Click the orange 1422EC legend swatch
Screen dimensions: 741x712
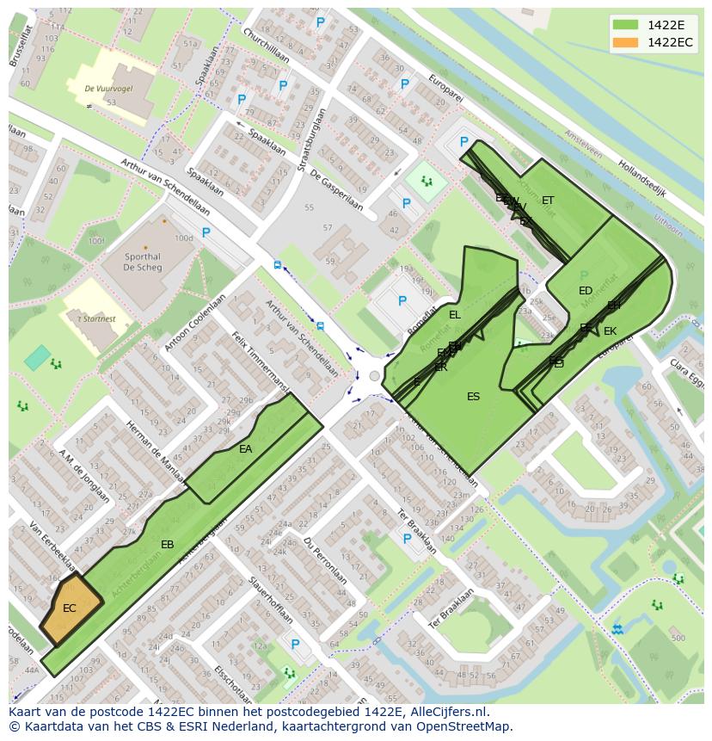(625, 42)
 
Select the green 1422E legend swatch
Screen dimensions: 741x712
(625, 25)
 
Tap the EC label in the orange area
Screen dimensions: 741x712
(70, 608)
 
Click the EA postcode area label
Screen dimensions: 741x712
(246, 449)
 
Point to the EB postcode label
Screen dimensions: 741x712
(168, 545)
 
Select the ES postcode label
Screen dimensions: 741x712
(473, 397)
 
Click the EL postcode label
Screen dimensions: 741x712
(455, 315)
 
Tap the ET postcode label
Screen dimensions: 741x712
(548, 201)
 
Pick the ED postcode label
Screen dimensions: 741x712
(586, 291)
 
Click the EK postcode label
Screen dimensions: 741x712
(610, 331)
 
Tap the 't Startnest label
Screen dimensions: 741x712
(96, 319)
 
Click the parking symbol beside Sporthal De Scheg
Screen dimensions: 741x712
(206, 232)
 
